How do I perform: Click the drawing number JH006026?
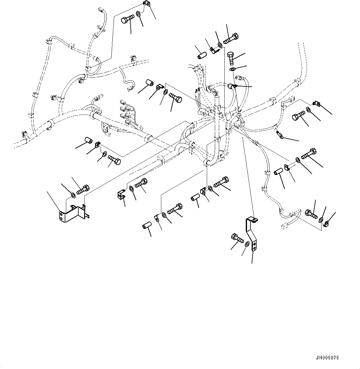(x=327, y=358)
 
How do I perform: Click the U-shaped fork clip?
(x=121, y=194)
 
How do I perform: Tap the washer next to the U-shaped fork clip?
(x=132, y=188)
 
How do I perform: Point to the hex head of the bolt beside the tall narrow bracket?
(x=234, y=237)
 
